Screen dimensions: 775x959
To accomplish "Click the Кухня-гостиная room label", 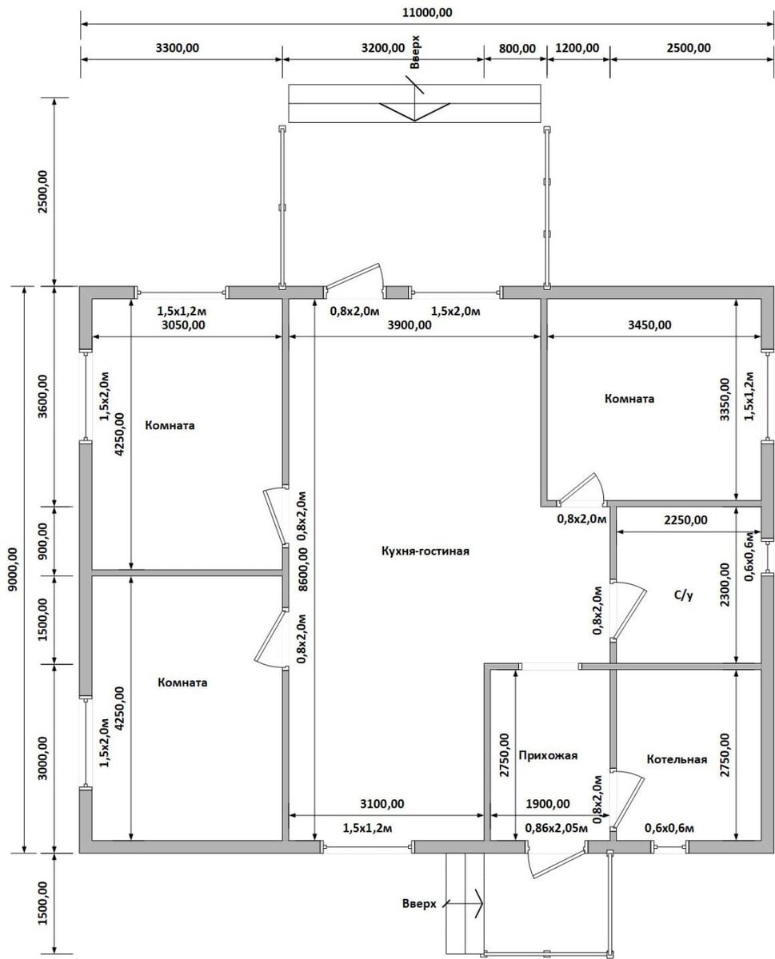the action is tap(425, 551).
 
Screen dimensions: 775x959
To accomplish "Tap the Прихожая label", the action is tap(547, 755).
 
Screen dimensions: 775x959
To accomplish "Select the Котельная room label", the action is tap(677, 759).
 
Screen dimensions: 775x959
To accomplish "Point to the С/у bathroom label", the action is tap(684, 595).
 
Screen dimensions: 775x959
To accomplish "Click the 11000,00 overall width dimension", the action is tap(427, 13).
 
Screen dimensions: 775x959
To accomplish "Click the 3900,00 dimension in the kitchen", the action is tap(409, 324).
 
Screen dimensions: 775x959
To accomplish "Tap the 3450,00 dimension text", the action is tap(649, 324).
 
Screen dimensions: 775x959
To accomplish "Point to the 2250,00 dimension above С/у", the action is tap(685, 520).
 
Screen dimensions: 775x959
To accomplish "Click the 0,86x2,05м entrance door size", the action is tap(557, 828).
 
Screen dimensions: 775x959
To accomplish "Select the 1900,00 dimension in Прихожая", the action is tap(548, 803).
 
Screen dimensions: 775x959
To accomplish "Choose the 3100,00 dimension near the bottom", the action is tap(382, 803).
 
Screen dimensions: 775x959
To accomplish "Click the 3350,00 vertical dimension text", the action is tap(725, 400).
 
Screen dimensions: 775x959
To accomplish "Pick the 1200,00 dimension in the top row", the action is tap(577, 48).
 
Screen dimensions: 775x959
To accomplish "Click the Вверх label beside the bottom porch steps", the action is tap(419, 904).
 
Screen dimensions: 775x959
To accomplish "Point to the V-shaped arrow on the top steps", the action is tap(414, 112).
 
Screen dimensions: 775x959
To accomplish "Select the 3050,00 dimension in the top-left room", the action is tap(183, 324).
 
